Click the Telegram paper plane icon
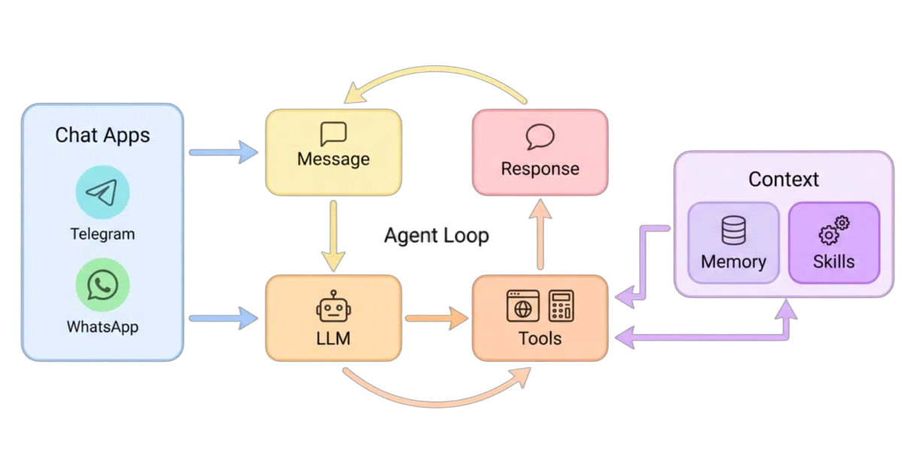[103, 192]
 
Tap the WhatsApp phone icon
[103, 285]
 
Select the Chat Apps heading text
[102, 136]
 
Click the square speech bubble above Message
[334, 134]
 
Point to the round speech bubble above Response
[540, 137]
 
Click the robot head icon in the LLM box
[334, 306]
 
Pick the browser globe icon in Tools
[523, 306]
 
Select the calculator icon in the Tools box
[561, 306]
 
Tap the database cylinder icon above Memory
[734, 230]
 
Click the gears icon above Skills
[834, 230]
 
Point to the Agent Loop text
[437, 236]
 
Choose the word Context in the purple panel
[783, 179]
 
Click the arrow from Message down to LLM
[334, 236]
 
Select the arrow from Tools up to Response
[540, 234]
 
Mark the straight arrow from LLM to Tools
[437, 318]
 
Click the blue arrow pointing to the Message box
[223, 152]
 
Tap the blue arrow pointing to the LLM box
[223, 318]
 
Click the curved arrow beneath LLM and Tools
[437, 403]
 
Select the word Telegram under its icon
[103, 234]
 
